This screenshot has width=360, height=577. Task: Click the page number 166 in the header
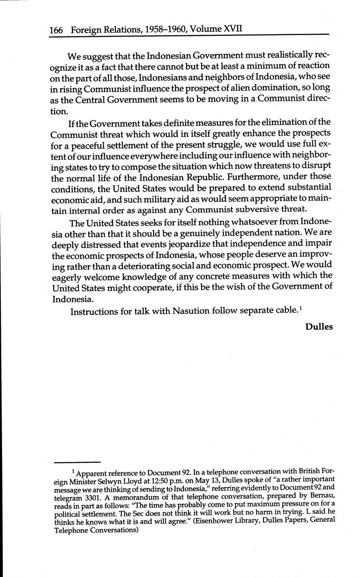point(56,30)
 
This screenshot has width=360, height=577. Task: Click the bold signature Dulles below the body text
point(319,327)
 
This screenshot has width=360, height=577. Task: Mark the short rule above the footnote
point(78,462)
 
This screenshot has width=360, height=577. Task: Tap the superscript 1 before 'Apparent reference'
point(73,471)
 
